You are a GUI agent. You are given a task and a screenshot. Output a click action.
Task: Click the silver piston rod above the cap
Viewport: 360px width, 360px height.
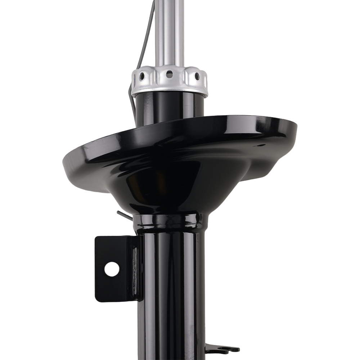pyautogui.click(x=169, y=32)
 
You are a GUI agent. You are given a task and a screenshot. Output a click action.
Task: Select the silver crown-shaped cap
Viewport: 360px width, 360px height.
pyautogui.click(x=169, y=81)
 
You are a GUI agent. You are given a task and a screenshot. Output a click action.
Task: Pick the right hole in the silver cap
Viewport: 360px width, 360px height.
pyautogui.click(x=197, y=76)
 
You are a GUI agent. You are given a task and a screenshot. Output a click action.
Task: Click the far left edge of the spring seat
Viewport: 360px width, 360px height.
pyautogui.click(x=64, y=158)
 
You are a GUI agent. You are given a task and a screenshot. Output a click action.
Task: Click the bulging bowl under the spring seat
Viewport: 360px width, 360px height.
pyautogui.click(x=169, y=187)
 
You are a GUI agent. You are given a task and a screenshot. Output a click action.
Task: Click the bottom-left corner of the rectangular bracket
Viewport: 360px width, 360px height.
pyautogui.click(x=96, y=300)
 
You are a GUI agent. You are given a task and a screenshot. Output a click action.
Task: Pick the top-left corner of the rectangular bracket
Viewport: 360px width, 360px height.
pyautogui.click(x=96, y=238)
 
